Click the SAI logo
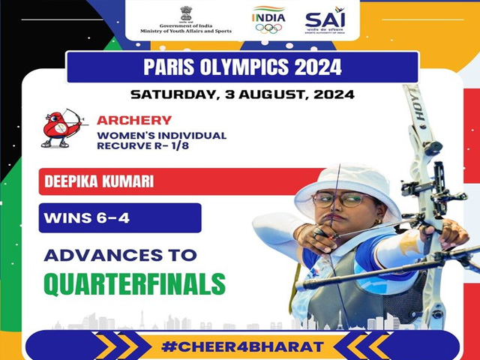pyautogui.click(x=325, y=20)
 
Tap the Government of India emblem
pyautogui.click(x=186, y=13)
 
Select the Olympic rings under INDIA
pyautogui.click(x=268, y=28)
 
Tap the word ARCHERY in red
pyautogui.click(x=134, y=120)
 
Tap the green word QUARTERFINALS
pyautogui.click(x=135, y=283)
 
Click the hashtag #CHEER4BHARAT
pyautogui.click(x=242, y=346)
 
